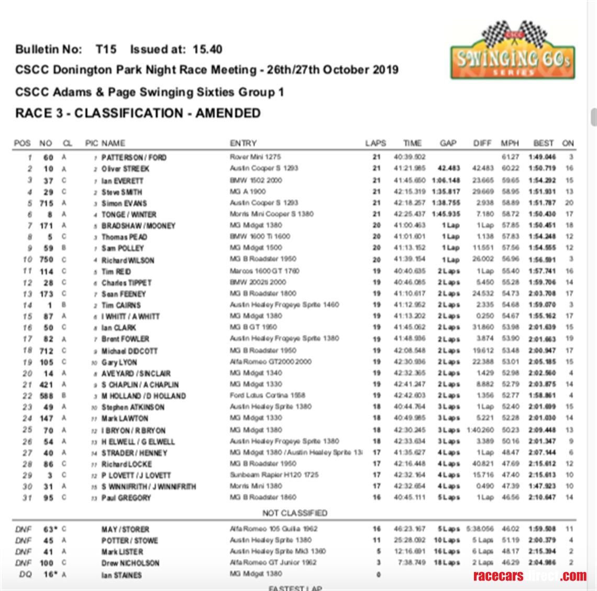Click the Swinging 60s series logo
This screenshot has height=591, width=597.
513,51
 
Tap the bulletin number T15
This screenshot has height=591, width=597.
105,49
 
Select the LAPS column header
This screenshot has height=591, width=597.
375,143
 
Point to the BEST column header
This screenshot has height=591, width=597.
543,143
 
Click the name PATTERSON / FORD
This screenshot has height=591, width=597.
134,157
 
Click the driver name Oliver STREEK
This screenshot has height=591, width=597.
125,169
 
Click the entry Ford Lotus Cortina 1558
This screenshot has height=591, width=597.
267,396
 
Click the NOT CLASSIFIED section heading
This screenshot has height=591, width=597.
294,513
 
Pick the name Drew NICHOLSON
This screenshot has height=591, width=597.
130,563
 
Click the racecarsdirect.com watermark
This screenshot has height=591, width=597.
529,576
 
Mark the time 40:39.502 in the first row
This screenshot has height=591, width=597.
410,157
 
